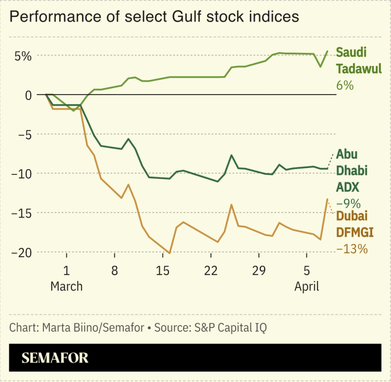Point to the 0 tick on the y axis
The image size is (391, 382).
[x=28, y=95]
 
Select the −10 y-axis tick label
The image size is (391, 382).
[x=21, y=174]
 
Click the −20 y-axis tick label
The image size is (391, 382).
[x=21, y=253]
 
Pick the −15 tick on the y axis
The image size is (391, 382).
[x=21, y=213]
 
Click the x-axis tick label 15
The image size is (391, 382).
[x=162, y=271]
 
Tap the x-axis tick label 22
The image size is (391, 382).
[x=211, y=271]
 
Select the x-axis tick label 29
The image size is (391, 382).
[x=259, y=271]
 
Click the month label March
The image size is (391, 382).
[x=67, y=286]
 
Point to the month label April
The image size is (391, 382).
[x=307, y=286]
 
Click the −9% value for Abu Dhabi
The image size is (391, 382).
[x=349, y=203]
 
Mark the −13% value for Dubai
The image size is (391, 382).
[x=352, y=248]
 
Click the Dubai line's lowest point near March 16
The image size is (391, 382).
[x=169, y=254]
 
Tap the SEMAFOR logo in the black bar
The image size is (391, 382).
[x=55, y=358]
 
